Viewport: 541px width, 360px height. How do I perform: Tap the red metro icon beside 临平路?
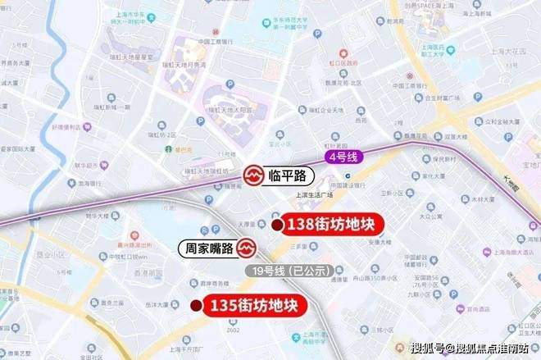[x=252, y=175]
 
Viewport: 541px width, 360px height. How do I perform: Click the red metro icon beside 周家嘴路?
[x=249, y=247]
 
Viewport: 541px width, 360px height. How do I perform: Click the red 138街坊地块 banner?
[x=333, y=226]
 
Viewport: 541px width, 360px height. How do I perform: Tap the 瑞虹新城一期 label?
[x=116, y=107]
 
